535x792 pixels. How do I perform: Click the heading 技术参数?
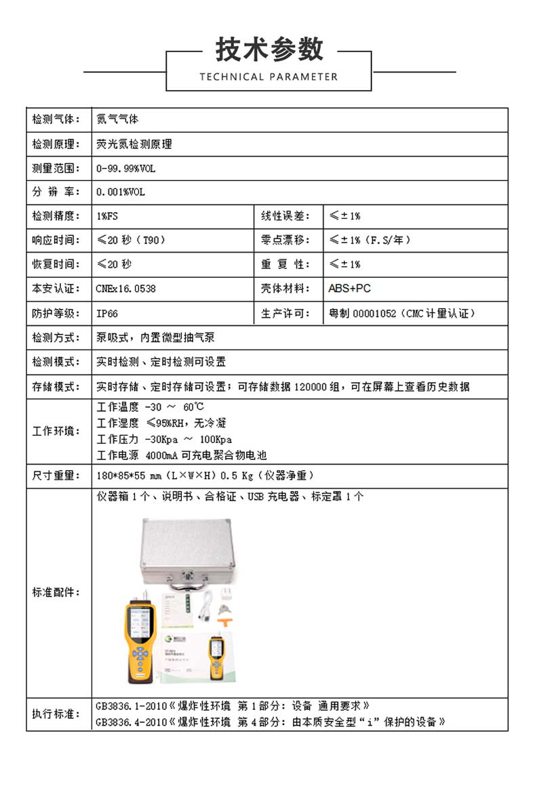pos(269,49)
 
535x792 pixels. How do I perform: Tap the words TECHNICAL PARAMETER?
pos(269,77)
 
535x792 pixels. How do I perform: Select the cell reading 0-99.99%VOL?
pos(125,168)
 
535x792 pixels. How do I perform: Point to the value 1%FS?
pos(107,216)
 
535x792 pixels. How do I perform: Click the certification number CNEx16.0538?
pos(125,289)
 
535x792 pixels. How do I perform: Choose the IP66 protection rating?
pos(107,314)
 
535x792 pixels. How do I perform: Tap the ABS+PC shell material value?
pos(349,289)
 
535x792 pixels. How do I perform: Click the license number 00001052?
pos(374,314)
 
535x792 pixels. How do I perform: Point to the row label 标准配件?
pos(56,592)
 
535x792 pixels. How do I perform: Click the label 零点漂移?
pos(285,241)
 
